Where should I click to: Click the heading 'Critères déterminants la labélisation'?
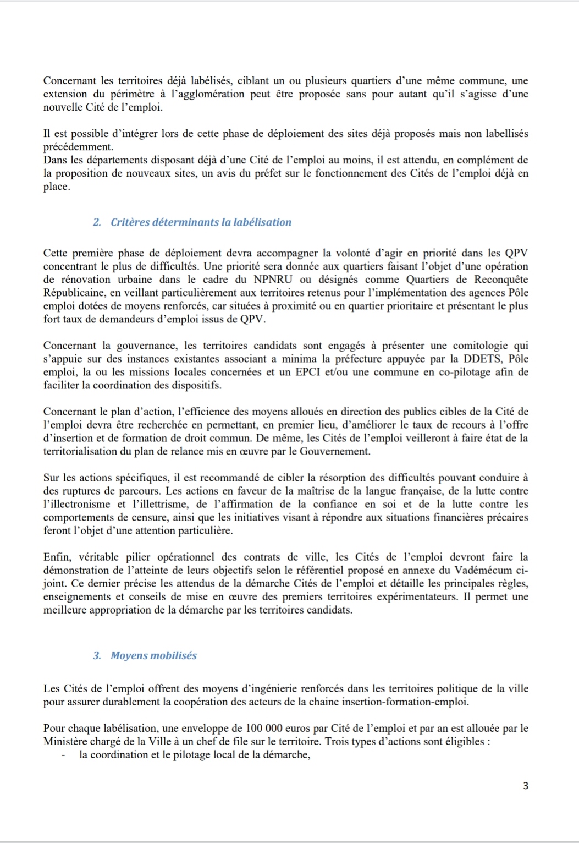(x=201, y=222)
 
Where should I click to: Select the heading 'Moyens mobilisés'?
(x=153, y=655)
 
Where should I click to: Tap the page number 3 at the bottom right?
(x=526, y=786)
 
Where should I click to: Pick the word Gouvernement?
(x=338, y=451)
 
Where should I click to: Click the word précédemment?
(x=78, y=147)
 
